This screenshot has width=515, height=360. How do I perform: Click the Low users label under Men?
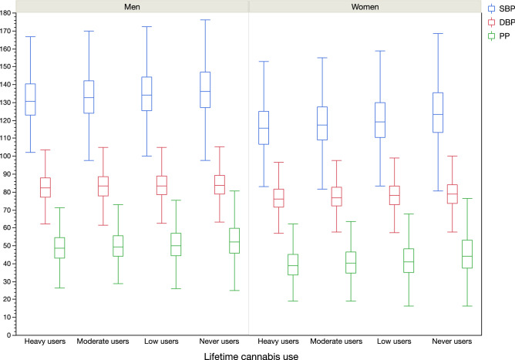[x=162, y=341]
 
